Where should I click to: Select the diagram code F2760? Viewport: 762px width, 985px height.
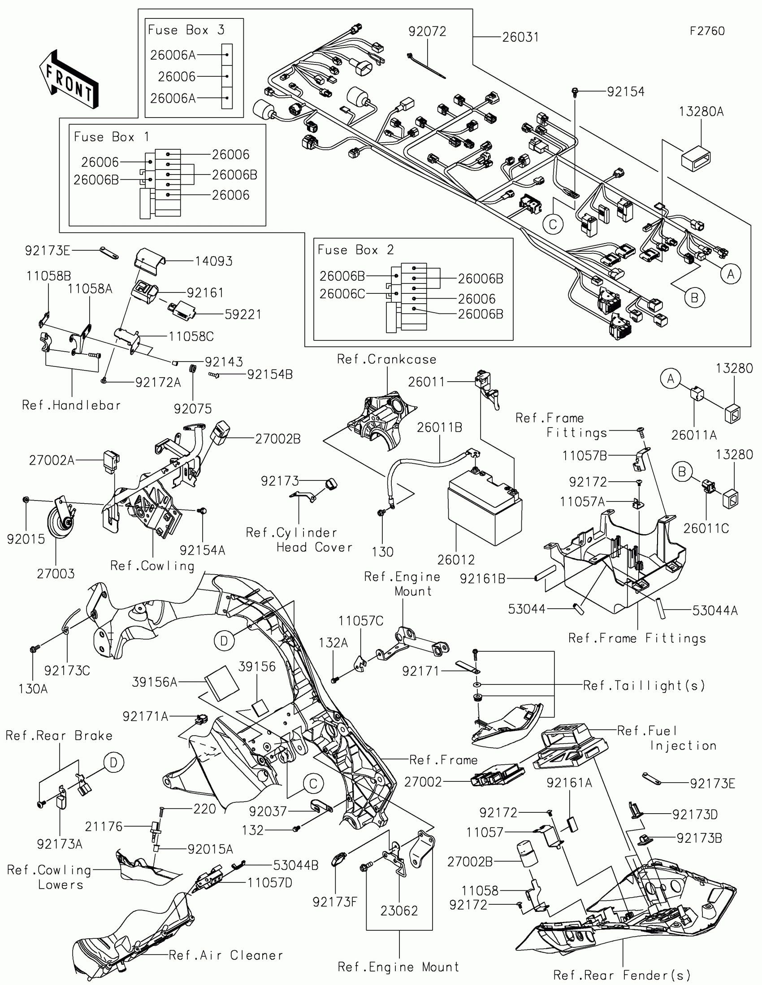[x=707, y=31]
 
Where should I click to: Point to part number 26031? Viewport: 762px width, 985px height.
[x=520, y=37]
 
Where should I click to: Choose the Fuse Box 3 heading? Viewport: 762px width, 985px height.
[x=186, y=30]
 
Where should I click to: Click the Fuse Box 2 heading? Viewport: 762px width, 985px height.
[x=355, y=250]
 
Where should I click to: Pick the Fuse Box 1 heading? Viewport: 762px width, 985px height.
[x=111, y=137]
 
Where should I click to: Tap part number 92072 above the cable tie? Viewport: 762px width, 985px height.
[x=427, y=31]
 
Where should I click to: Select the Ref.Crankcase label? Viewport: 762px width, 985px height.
[x=387, y=359]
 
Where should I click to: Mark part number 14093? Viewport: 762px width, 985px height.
[x=214, y=261]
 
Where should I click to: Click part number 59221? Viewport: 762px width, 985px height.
[x=243, y=314]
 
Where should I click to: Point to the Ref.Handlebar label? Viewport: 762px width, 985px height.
[x=71, y=405]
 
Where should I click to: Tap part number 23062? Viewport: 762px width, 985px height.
[x=399, y=911]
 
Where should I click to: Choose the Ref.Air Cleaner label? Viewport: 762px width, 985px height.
[x=226, y=955]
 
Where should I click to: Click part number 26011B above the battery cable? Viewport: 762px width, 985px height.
[x=439, y=427]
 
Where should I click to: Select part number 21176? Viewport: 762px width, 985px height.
[x=104, y=826]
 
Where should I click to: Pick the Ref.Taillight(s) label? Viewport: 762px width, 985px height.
[x=644, y=685]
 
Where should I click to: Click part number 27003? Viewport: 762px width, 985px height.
[x=56, y=574]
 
